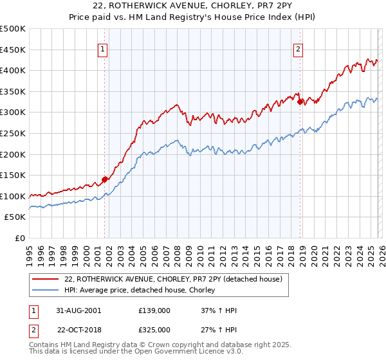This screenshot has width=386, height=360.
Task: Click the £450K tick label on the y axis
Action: tap(13, 50)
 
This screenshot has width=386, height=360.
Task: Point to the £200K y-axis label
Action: tap(13, 154)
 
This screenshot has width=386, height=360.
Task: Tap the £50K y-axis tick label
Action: tap(15, 217)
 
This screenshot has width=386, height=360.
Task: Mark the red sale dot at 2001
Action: tap(105, 180)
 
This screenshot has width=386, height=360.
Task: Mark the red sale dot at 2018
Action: tap(300, 102)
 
